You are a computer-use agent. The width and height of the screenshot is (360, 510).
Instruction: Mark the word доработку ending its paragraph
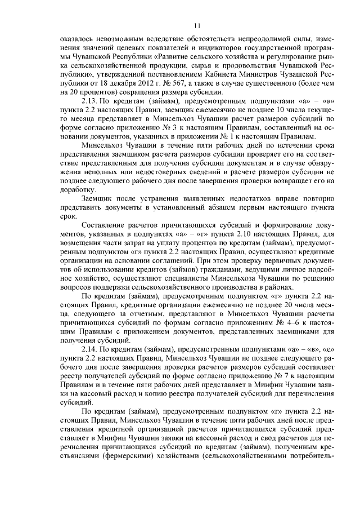[78, 190]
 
